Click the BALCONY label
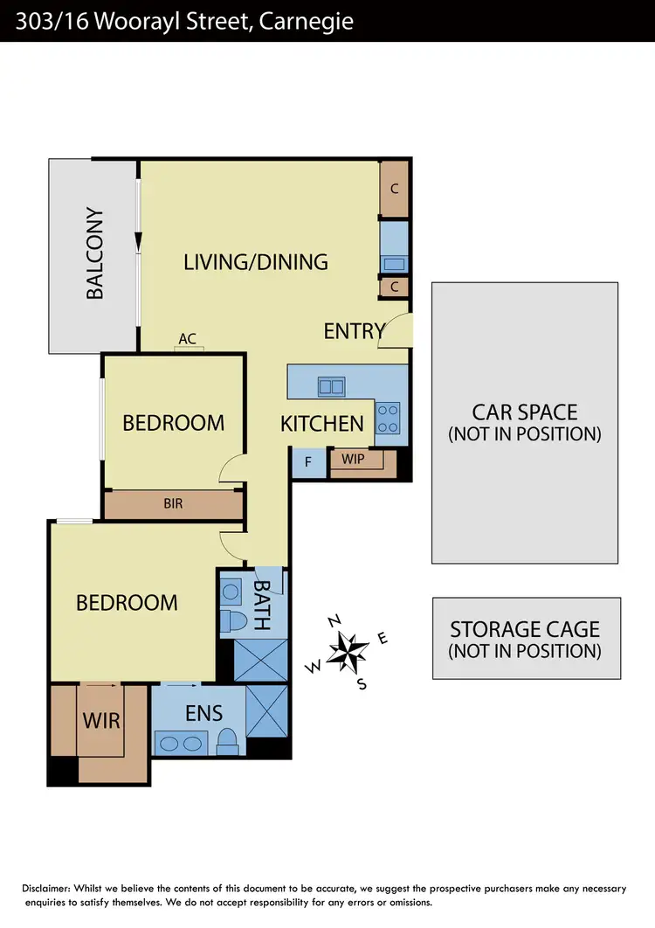pyautogui.click(x=95, y=254)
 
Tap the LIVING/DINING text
pyautogui.click(x=256, y=261)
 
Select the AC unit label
pyautogui.click(x=187, y=338)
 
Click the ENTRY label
pyautogui.click(x=354, y=331)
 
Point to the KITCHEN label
pyautogui.click(x=321, y=424)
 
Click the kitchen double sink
pyautogui.click(x=331, y=385)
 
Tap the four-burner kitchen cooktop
pyautogui.click(x=388, y=418)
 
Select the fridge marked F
pyautogui.click(x=307, y=461)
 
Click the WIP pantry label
pyautogui.click(x=354, y=460)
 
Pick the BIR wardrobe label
pyautogui.click(x=173, y=504)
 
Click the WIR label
pyautogui.click(x=100, y=722)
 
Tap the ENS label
pyautogui.click(x=203, y=713)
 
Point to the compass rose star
pyautogui.click(x=348, y=651)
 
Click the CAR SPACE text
pyautogui.click(x=524, y=412)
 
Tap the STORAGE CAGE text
pyautogui.click(x=525, y=629)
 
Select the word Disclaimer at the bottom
pyautogui.click(x=48, y=889)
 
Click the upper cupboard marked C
pyautogui.click(x=395, y=188)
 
